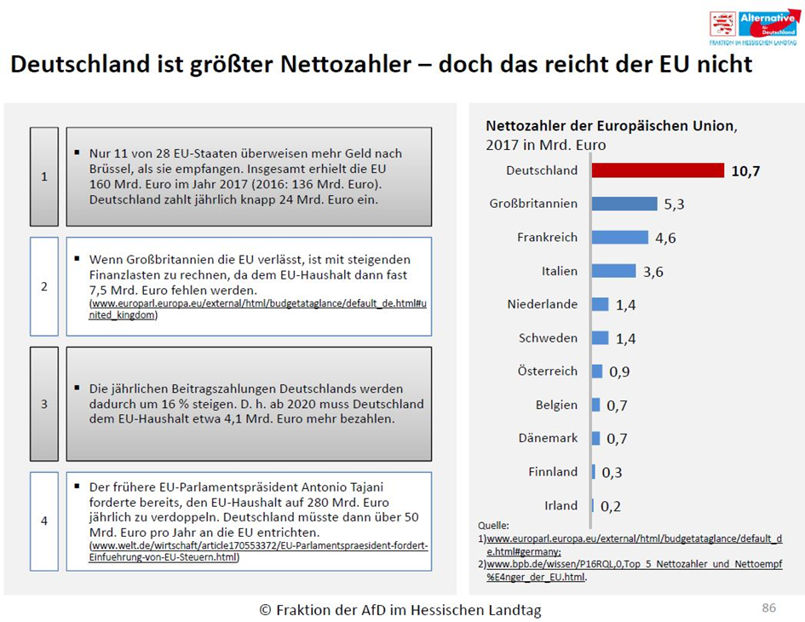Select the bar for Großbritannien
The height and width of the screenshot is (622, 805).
pos(624,204)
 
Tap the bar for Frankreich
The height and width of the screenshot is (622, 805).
pos(620,238)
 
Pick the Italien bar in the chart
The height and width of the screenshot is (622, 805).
pos(613,271)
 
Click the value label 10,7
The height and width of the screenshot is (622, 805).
pos(745,171)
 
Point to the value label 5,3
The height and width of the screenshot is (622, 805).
pos(674,204)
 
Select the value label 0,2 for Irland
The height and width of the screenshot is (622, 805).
pos(610,506)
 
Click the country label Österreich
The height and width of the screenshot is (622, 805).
pos(547,371)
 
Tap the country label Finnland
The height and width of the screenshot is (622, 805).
pos(553,472)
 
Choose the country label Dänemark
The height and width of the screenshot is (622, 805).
pos(548,438)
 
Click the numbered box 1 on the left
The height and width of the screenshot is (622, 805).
pos(44,176)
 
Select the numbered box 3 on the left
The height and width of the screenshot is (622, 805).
pos(44,404)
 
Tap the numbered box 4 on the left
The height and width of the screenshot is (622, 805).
pos(44,521)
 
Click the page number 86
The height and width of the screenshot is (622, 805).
pos(768,608)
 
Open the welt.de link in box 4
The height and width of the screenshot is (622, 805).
pos(259,551)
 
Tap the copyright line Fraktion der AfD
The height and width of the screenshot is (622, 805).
pos(400,610)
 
